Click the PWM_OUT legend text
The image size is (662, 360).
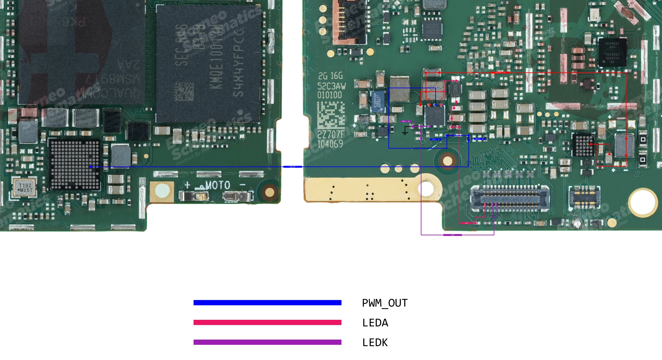point(385,303)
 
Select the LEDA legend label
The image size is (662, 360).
point(375,323)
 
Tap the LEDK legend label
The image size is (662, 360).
point(375,342)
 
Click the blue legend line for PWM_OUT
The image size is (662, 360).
point(267,303)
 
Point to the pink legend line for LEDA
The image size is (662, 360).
point(267,323)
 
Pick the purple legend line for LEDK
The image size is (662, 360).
point(267,342)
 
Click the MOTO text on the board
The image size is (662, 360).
point(218,185)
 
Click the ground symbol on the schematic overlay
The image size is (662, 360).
point(405,131)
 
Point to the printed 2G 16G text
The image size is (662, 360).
point(330,76)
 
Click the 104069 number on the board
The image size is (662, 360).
point(330,144)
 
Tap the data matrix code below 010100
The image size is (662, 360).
point(331,115)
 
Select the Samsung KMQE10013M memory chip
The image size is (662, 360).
point(209,63)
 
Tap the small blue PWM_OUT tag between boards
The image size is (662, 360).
point(292,167)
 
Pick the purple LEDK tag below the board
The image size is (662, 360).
point(453,235)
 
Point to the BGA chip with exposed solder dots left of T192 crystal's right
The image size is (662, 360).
point(74,165)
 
